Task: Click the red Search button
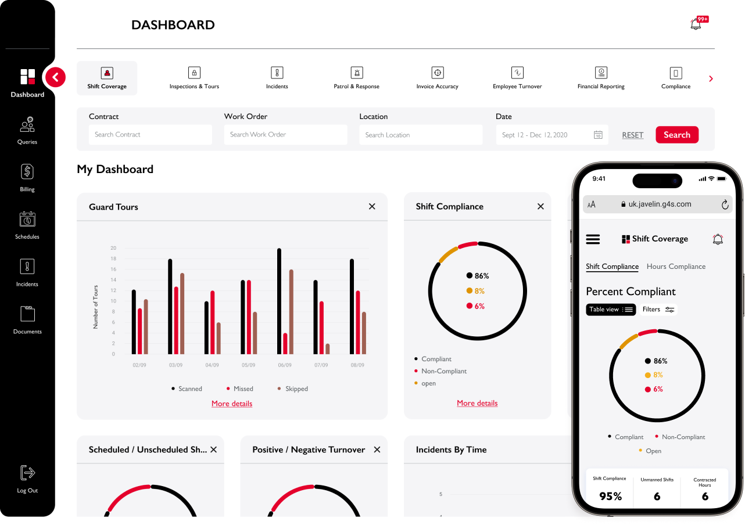pos(677,135)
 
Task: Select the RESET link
pos(633,135)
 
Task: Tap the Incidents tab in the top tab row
pos(277,78)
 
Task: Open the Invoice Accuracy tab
pos(437,78)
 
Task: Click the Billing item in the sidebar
pos(27,178)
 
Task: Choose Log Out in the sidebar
pos(27,479)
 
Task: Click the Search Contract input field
pos(151,135)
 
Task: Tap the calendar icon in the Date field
pos(598,135)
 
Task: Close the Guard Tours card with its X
pos(372,206)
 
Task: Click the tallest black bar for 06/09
pos(279,301)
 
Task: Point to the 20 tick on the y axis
pos(113,248)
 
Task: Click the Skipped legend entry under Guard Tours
pos(293,389)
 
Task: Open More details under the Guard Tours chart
pos(232,404)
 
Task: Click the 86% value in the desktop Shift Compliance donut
pos(482,276)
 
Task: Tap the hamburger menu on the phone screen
pos(593,239)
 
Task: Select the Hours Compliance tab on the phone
pos(676,267)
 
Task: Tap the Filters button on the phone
pos(658,310)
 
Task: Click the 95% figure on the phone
pos(610,496)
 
